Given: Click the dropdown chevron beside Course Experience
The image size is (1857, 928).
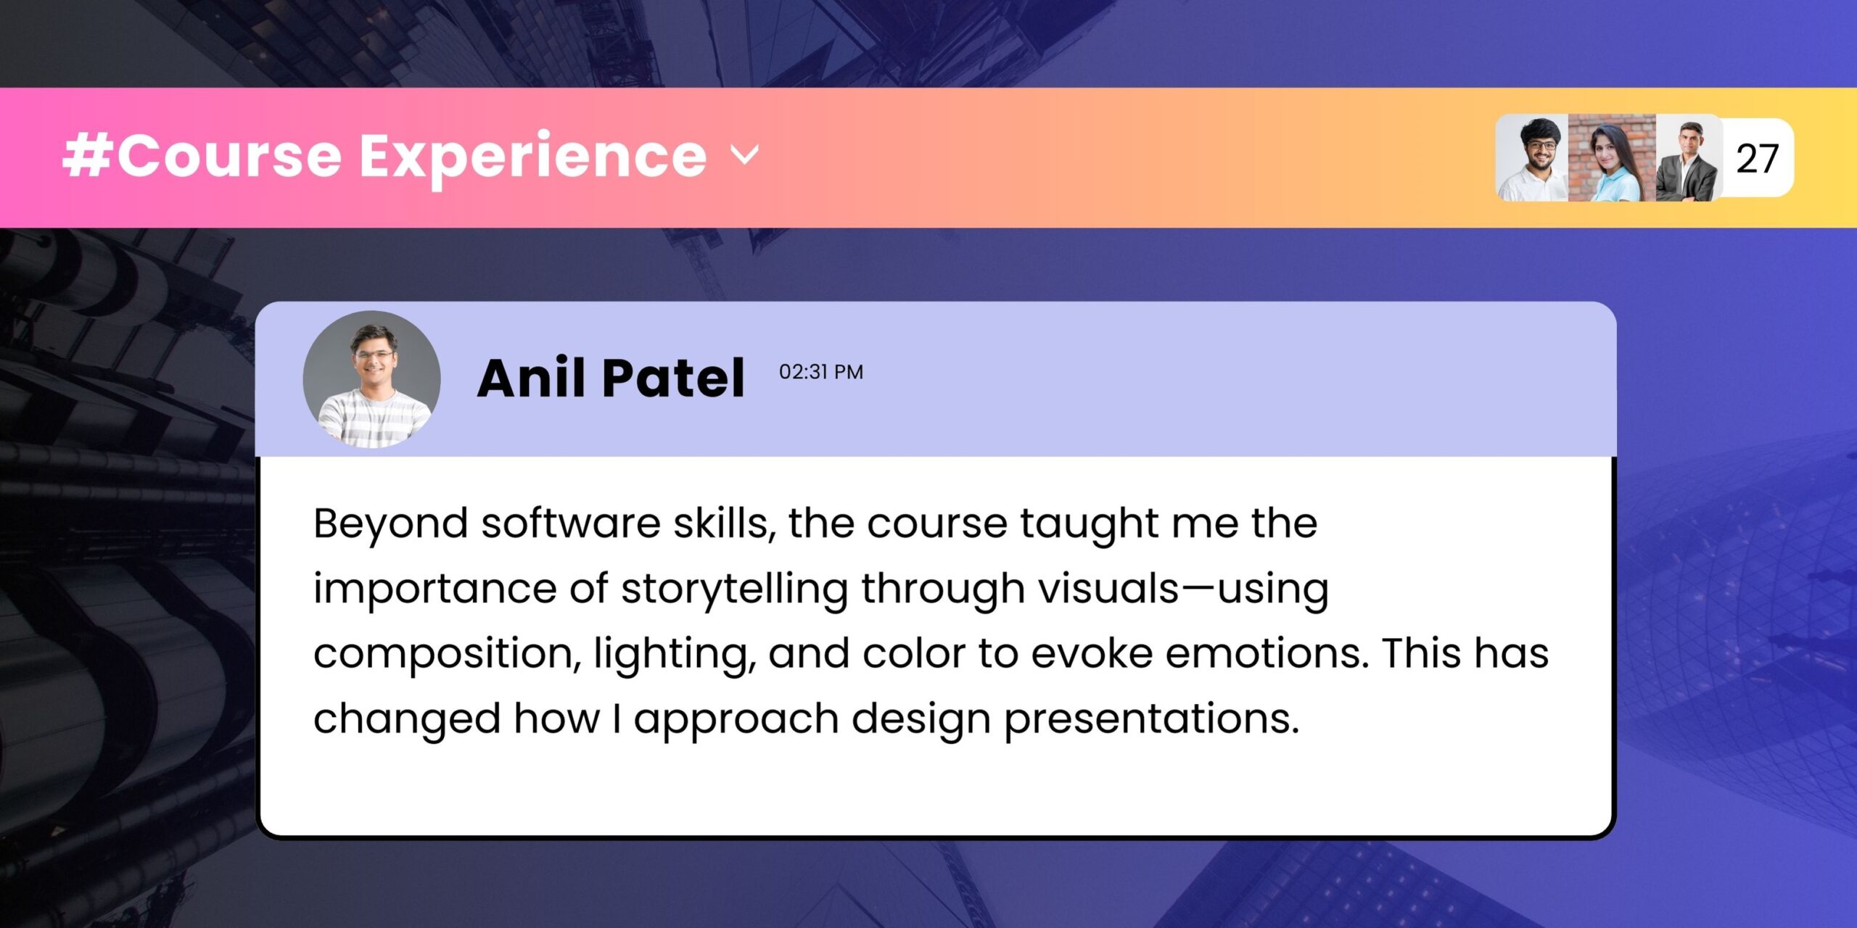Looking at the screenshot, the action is (x=745, y=154).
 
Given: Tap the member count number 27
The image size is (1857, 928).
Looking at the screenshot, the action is (x=1756, y=159).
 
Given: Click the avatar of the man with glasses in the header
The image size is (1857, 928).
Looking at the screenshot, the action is (x=1533, y=158).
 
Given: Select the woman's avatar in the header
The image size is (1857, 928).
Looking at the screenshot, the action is (x=1613, y=158).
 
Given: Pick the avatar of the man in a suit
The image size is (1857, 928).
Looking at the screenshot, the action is (x=1688, y=158).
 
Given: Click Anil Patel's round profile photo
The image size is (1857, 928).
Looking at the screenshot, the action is (x=371, y=379).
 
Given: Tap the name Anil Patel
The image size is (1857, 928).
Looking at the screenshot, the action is (x=611, y=378).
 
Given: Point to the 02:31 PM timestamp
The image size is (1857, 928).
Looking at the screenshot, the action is (x=821, y=372).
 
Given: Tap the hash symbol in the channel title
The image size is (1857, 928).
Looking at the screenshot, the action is (x=86, y=155).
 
